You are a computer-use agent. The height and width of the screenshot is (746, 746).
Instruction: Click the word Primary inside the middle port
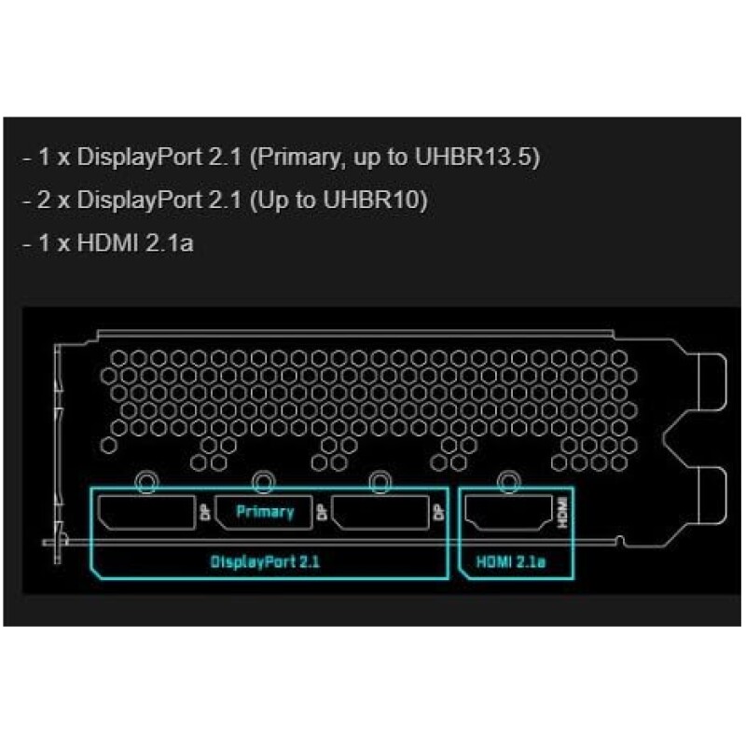(x=265, y=512)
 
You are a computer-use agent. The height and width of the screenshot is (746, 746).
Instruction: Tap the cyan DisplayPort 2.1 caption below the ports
(x=265, y=562)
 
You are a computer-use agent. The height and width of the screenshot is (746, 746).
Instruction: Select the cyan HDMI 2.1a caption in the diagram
(x=511, y=562)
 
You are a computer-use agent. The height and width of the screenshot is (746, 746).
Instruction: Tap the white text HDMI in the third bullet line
(x=107, y=242)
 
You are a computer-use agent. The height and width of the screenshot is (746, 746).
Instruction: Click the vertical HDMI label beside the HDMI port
(x=563, y=512)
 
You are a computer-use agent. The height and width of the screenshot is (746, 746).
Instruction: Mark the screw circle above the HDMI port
(x=508, y=482)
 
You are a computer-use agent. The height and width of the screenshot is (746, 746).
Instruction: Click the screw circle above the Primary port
(x=263, y=482)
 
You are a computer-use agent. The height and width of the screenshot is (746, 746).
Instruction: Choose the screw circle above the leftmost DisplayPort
(x=146, y=482)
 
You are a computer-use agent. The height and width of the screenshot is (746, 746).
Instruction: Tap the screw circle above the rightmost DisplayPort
(x=380, y=482)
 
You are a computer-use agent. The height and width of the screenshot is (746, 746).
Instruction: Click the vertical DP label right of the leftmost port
(x=206, y=512)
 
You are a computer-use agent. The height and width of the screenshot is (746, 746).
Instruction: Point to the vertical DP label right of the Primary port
(x=323, y=512)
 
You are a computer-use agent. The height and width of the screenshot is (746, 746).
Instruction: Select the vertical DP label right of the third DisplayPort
(x=439, y=512)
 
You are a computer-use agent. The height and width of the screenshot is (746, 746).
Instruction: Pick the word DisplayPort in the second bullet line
(x=140, y=200)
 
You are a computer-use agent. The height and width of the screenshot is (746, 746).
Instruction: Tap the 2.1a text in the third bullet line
(x=170, y=242)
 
